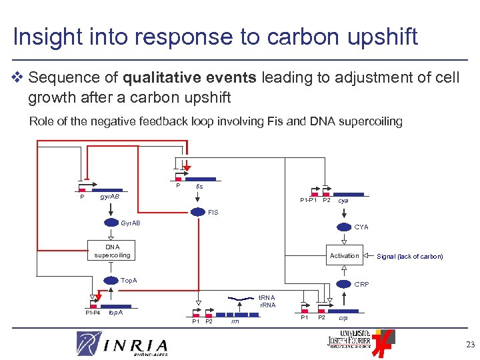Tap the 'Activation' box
[344, 255]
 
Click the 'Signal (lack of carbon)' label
[409, 257]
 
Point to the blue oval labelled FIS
[199, 213]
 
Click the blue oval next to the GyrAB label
[111, 223]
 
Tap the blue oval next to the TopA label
[111, 281]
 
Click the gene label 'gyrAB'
[109, 198]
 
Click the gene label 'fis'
[199, 187]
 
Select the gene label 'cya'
[343, 201]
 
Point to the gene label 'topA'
[115, 312]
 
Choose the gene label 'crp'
[343, 318]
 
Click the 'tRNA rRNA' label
[267, 301]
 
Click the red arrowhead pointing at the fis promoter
[187, 168]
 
